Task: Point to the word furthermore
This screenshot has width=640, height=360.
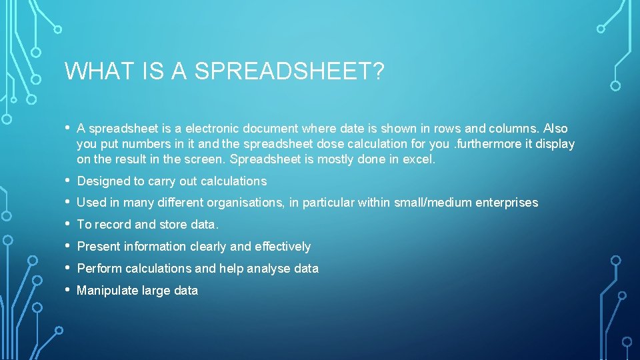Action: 491,143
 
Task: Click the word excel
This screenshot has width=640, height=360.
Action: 419,159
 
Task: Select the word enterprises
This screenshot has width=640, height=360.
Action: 507,203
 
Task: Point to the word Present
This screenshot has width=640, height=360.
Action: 98,247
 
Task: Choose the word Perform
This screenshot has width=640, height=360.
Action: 99,269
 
